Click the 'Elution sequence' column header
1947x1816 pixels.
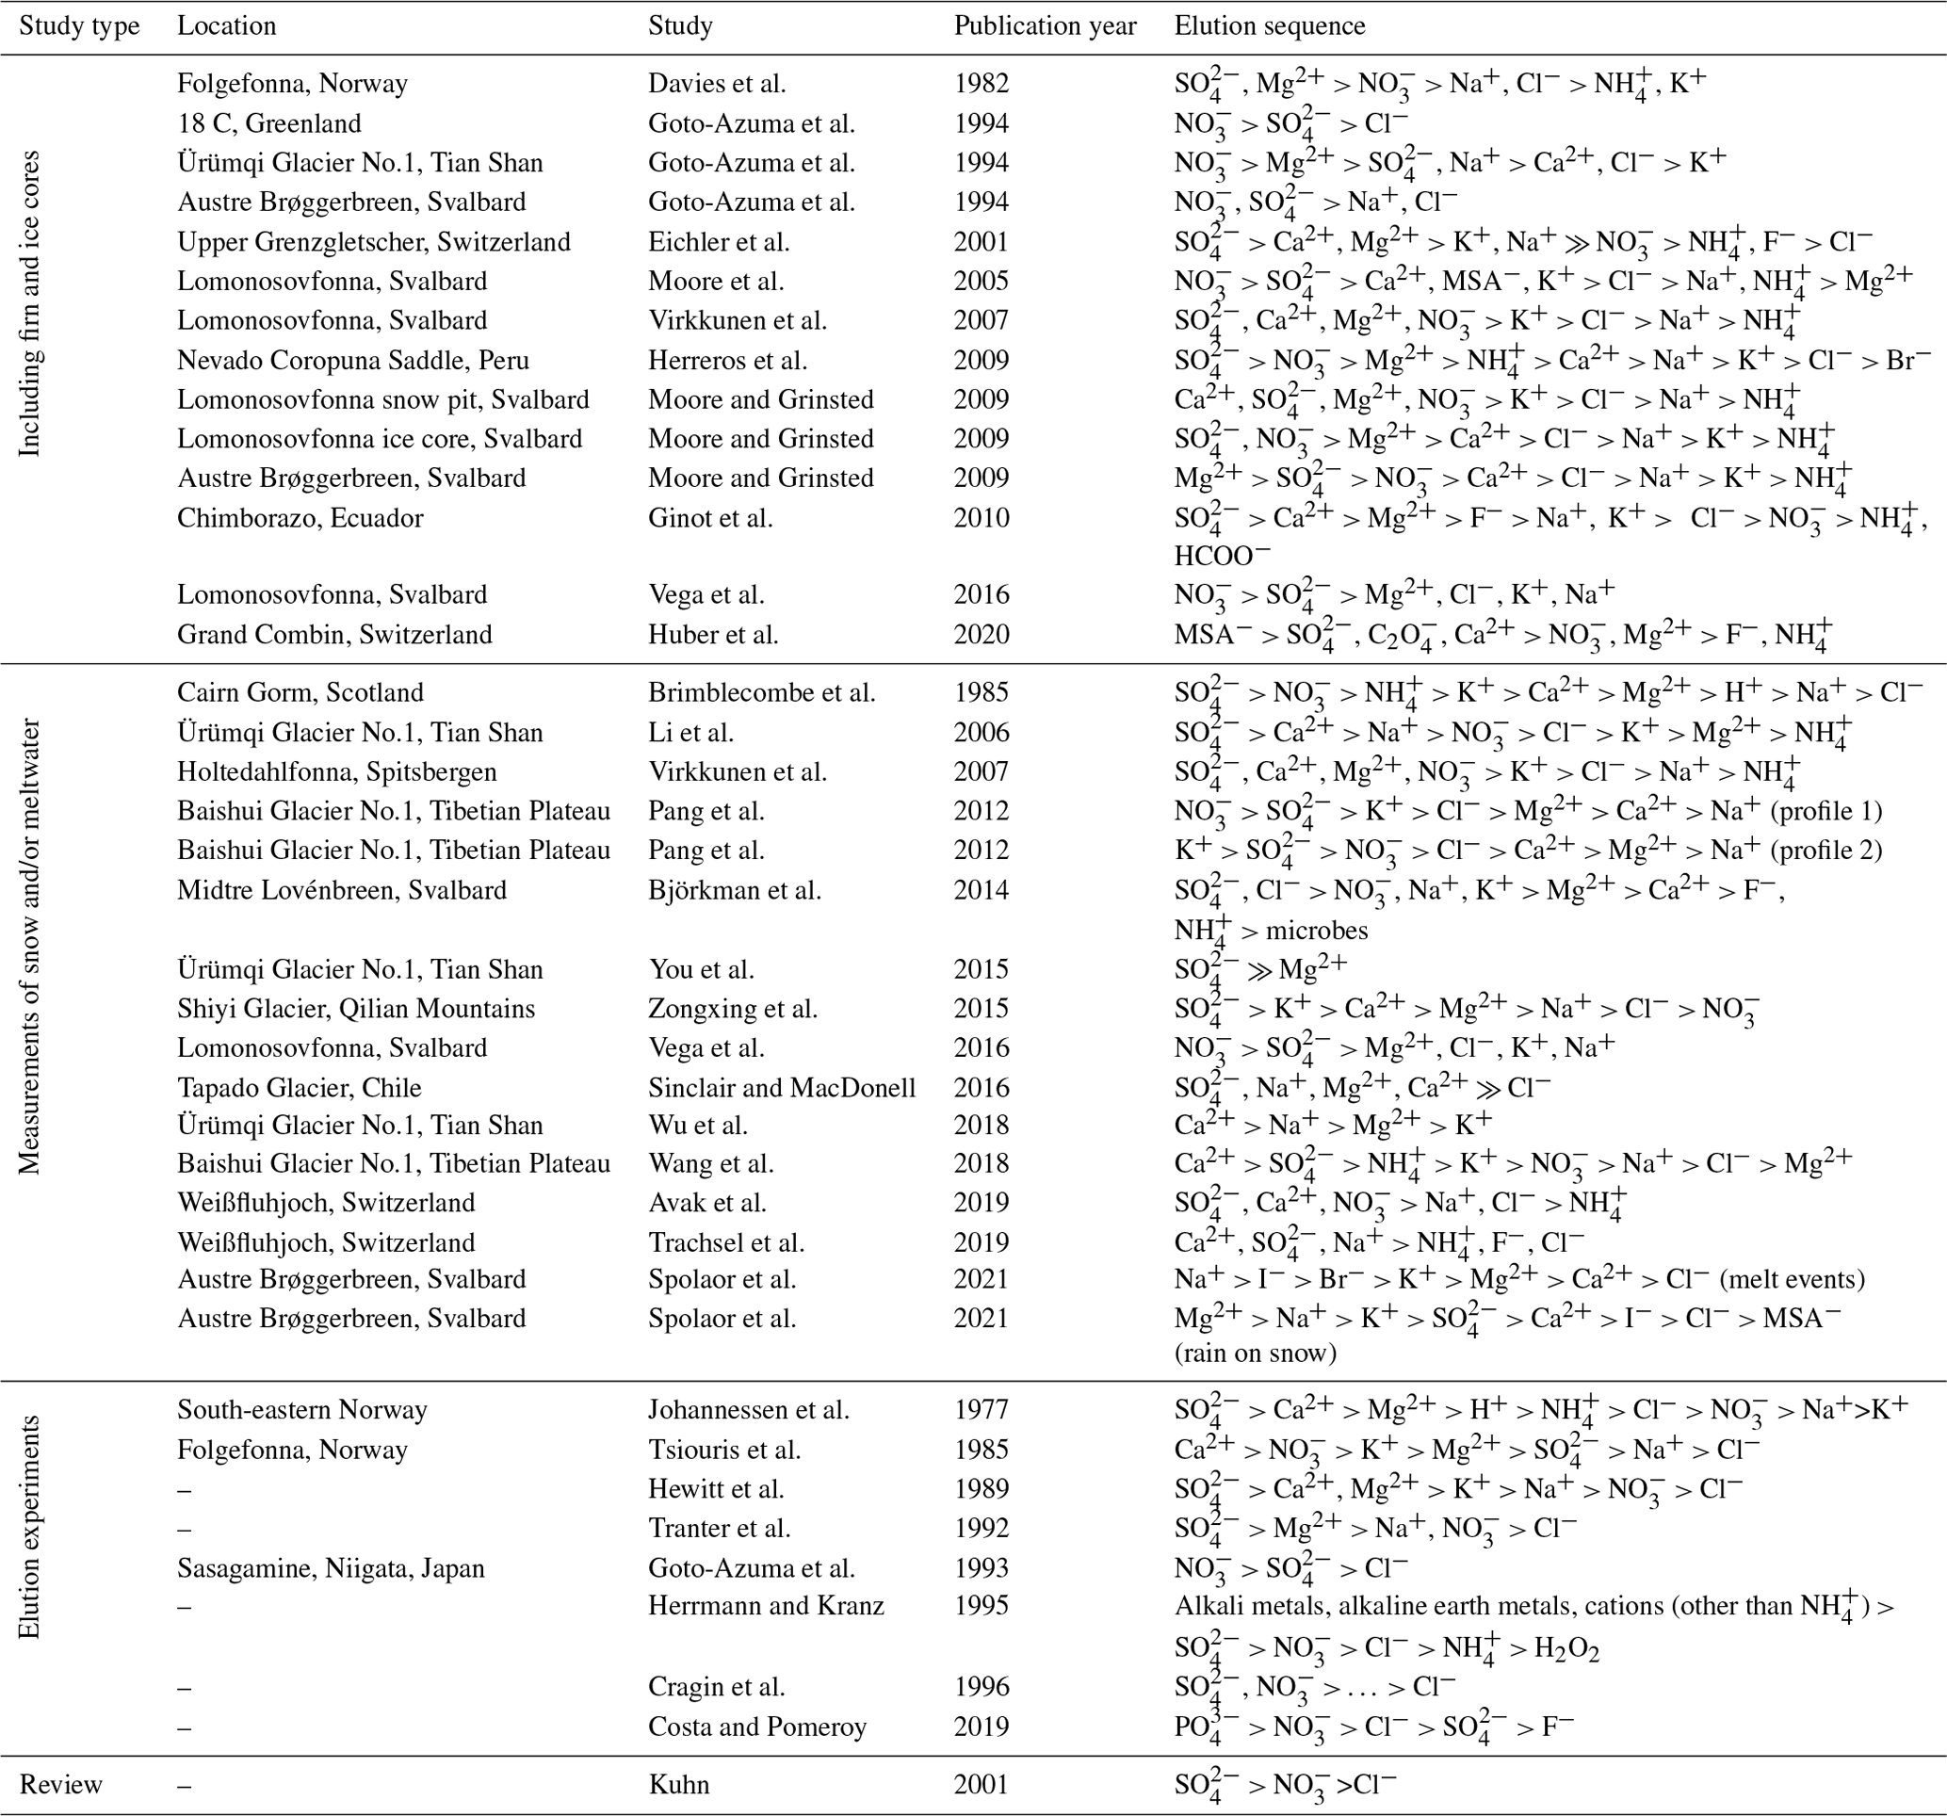point(1270,26)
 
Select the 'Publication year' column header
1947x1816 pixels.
point(1045,26)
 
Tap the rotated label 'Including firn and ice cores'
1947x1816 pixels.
point(30,303)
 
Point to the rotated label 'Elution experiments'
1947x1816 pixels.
point(30,1527)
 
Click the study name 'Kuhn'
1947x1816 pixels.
point(679,1785)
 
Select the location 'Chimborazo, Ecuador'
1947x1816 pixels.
point(300,518)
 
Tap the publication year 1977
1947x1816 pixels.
point(982,1410)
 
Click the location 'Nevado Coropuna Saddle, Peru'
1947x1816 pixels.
point(352,361)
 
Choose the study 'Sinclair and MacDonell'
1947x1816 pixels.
point(782,1088)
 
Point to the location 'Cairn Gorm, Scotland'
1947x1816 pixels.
point(300,693)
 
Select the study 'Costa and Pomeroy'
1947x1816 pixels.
point(757,1727)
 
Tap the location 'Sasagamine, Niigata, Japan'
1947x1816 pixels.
point(330,1569)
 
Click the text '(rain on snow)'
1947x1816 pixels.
point(1256,1354)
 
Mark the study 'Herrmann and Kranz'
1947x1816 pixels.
point(766,1606)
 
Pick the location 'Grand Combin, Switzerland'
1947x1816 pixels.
point(334,636)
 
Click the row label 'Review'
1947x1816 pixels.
point(60,1785)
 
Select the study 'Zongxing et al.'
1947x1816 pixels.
point(733,1009)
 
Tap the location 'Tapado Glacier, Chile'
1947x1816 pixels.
point(299,1088)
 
